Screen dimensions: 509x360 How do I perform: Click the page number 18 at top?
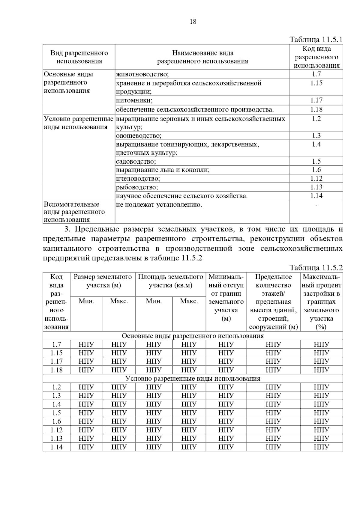(193, 22)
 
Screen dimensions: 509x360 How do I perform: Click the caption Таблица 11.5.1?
(316, 40)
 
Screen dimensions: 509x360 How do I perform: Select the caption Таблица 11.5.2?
(316, 268)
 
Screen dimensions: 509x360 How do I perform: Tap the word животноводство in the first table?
(142, 74)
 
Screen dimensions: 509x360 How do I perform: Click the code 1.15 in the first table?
(316, 83)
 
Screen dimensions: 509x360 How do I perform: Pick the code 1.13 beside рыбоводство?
(316, 187)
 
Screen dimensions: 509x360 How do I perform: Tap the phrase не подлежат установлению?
(159, 205)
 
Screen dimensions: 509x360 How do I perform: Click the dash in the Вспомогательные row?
(316, 205)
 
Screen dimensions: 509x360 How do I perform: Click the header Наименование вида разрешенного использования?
(202, 57)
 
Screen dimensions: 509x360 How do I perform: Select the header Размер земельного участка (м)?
(103, 281)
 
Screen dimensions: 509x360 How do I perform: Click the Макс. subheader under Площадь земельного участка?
(189, 301)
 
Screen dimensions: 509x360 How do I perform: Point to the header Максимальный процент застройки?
(321, 302)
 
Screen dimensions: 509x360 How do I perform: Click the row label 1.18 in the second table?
(56, 370)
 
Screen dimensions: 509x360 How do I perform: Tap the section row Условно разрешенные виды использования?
(193, 378)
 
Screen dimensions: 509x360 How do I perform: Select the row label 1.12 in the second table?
(56, 430)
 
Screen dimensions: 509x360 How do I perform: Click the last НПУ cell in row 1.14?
(321, 447)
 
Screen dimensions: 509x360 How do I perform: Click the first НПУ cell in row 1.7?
(86, 344)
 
